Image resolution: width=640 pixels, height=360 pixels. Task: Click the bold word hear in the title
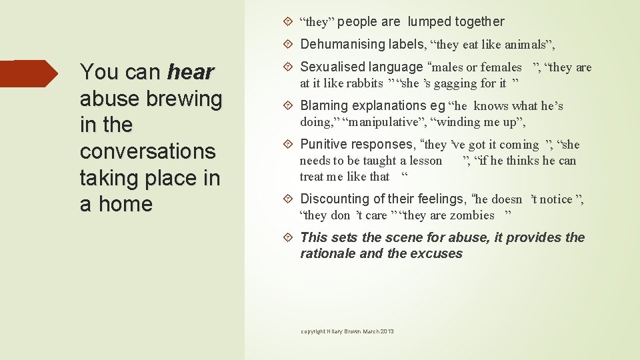tap(191, 71)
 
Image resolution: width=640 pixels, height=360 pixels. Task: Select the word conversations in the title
tap(148, 151)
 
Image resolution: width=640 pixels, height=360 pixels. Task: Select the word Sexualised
tap(331, 67)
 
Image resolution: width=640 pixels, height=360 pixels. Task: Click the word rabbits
tap(364, 83)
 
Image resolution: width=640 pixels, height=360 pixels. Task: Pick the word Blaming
tap(324, 105)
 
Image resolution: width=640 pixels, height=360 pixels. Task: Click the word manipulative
tap(383, 122)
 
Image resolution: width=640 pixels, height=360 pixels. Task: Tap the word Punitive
tap(325, 144)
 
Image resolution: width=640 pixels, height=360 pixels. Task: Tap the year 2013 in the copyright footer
tap(387, 331)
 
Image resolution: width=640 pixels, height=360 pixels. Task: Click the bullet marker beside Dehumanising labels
tap(291, 45)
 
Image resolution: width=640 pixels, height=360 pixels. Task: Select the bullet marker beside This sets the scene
tap(291, 237)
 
